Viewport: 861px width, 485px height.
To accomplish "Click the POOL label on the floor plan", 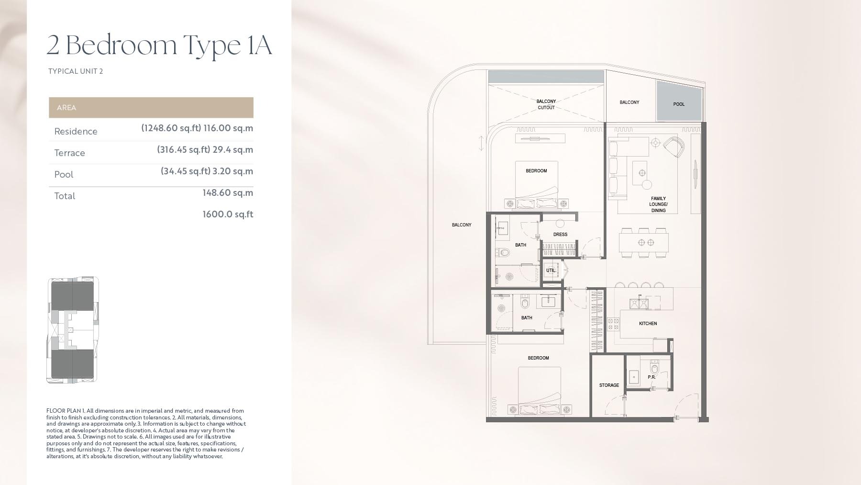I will point(679,104).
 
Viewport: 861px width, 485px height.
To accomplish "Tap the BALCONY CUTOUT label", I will point(546,104).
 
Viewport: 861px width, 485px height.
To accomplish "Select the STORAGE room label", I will point(609,385).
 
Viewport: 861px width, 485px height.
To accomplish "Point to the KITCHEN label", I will point(648,324).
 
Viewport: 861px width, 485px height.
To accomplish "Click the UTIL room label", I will point(551,271).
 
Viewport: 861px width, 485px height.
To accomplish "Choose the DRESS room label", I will point(560,235).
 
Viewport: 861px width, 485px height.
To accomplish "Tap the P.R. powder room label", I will point(651,377).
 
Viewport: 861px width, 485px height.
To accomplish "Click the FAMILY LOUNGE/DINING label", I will point(658,204).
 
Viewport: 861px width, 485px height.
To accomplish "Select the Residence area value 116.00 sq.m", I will point(228,128).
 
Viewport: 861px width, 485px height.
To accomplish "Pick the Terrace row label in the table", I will point(70,153).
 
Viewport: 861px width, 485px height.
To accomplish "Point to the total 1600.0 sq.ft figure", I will point(228,214).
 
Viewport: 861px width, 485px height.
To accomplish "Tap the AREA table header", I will point(66,108).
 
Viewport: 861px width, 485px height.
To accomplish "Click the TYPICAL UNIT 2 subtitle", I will point(76,71).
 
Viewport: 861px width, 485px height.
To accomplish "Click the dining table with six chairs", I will point(643,242).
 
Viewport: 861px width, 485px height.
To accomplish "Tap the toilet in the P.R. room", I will point(654,368).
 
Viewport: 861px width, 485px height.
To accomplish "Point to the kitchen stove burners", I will point(613,324).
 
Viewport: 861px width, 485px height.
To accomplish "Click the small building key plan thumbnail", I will point(73,330).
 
